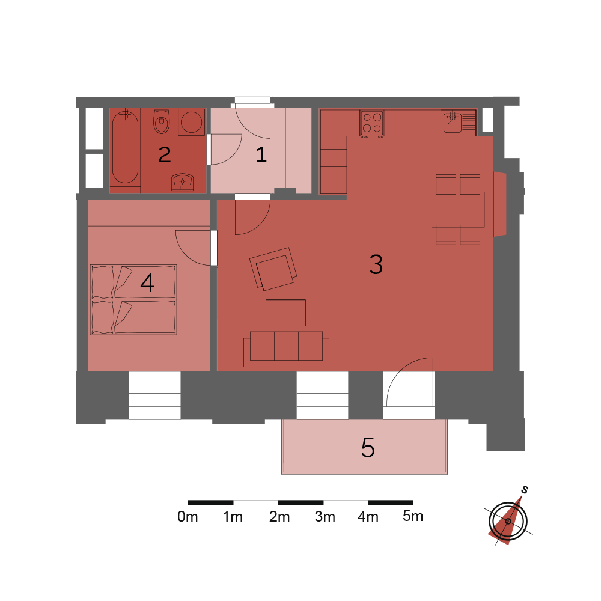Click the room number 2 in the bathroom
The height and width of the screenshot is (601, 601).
[x=165, y=155]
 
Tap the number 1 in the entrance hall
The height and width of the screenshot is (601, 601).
[x=261, y=155]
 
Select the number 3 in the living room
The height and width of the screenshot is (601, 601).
[x=376, y=264]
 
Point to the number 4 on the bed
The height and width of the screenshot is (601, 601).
[x=147, y=283]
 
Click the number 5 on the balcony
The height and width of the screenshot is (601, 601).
[x=368, y=447]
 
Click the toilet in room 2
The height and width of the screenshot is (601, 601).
[x=161, y=121]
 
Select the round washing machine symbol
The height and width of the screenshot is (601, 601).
[x=192, y=122]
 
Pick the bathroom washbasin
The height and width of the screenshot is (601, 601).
[x=183, y=182]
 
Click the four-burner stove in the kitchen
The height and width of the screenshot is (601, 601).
[x=372, y=123]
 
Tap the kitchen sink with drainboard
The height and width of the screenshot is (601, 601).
[x=459, y=123]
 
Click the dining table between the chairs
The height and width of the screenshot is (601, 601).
[x=458, y=210]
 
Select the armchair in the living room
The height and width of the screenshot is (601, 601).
[x=273, y=269]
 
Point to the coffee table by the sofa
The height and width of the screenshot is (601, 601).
[x=285, y=313]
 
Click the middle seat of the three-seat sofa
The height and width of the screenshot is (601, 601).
[x=286, y=346]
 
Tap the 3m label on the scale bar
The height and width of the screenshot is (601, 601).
[x=325, y=517]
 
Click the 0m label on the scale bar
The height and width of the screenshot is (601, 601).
[x=188, y=517]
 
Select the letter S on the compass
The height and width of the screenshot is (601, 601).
[x=525, y=489]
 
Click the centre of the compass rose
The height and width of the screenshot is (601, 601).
[x=508, y=521]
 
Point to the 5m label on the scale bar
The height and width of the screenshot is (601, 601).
[x=413, y=516]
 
